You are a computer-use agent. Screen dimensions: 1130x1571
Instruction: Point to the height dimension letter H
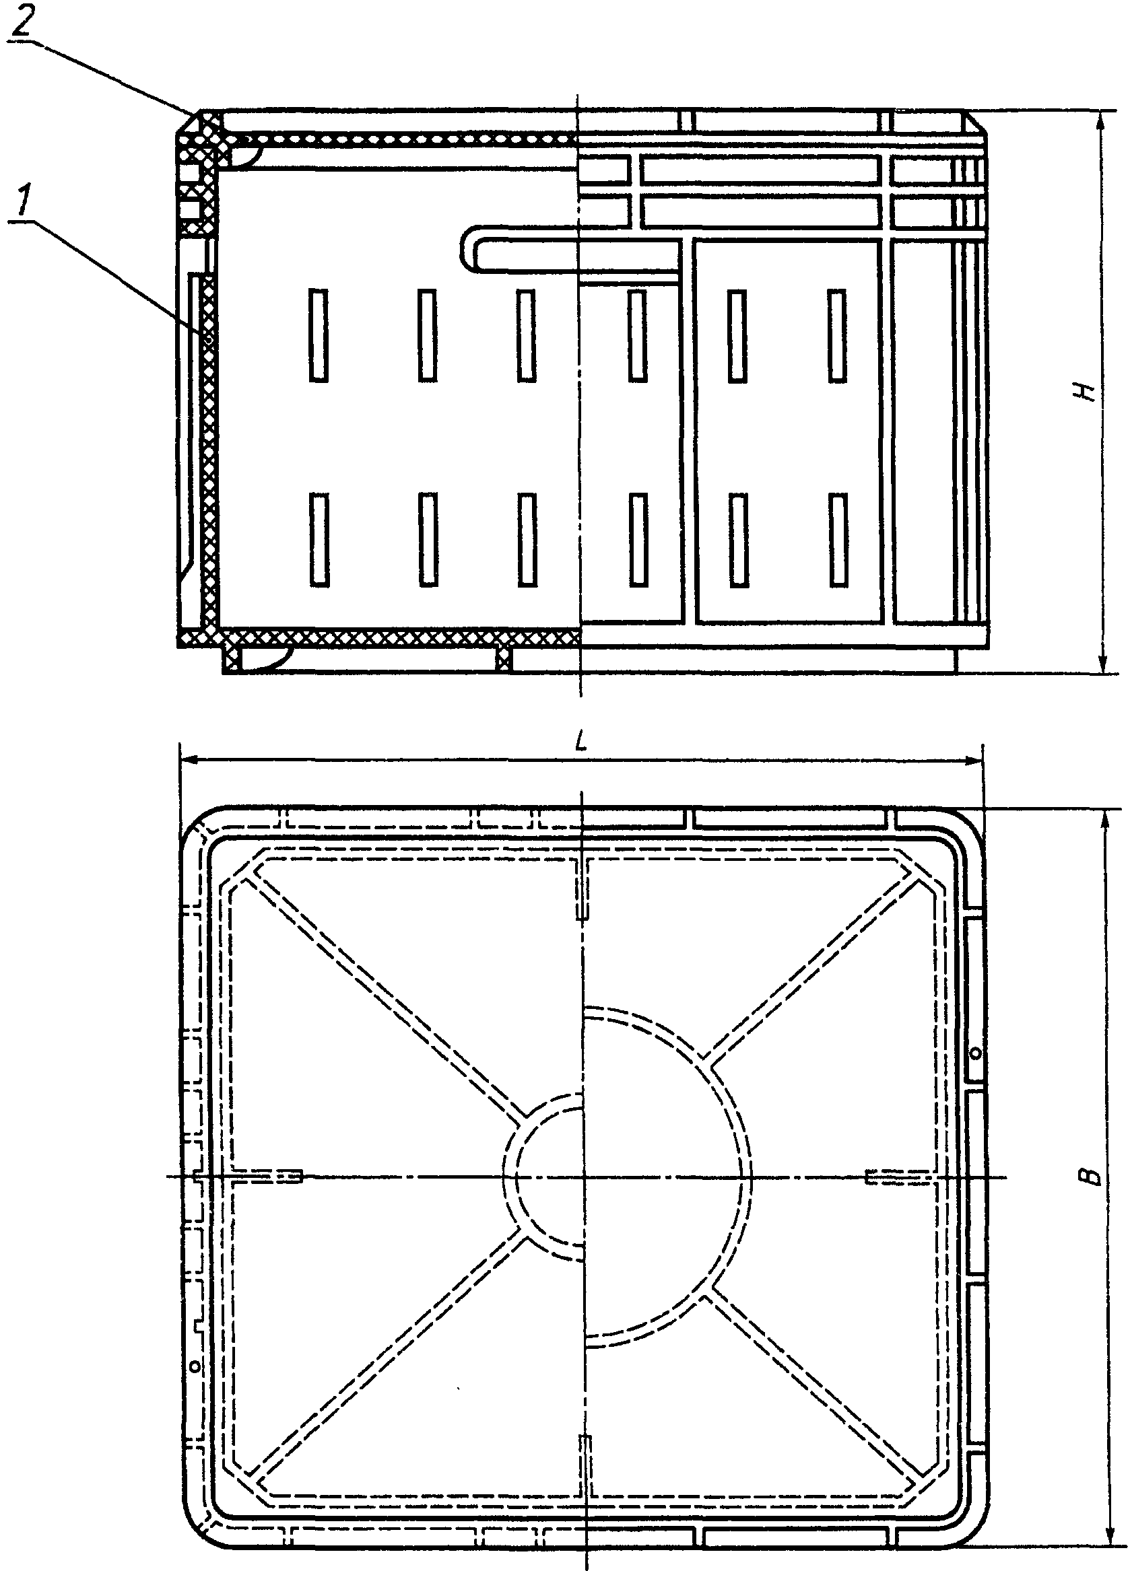(1088, 390)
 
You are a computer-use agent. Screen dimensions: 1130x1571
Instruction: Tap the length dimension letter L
(581, 742)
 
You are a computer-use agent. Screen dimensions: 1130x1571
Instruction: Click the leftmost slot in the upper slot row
(319, 335)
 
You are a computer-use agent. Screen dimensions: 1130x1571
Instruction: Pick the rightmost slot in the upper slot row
(838, 335)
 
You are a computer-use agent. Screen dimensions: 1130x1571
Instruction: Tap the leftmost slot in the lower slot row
(319, 539)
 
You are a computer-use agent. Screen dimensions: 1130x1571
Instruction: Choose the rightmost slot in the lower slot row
(838, 539)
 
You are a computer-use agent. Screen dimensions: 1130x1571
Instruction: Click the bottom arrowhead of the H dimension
(1100, 663)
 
